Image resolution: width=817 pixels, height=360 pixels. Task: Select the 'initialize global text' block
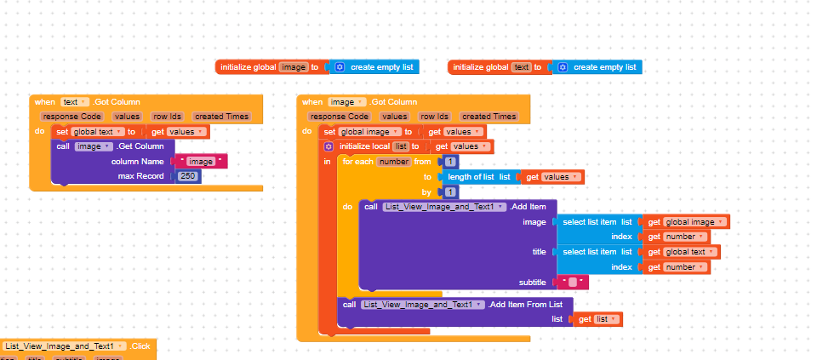click(x=481, y=67)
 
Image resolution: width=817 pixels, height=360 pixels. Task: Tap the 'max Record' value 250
click(x=189, y=175)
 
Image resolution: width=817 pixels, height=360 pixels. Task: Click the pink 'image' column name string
click(x=200, y=161)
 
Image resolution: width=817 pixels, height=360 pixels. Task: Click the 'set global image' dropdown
click(x=369, y=132)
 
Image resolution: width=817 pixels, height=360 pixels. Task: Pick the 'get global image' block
click(x=686, y=222)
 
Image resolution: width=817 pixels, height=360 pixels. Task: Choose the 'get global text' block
click(x=682, y=252)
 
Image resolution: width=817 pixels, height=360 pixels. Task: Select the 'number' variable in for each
click(x=394, y=161)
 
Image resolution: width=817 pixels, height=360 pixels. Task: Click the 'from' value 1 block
click(x=450, y=162)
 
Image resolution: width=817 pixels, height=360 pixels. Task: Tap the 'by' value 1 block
click(x=450, y=192)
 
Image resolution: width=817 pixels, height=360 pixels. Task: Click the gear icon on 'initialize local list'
click(x=329, y=146)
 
